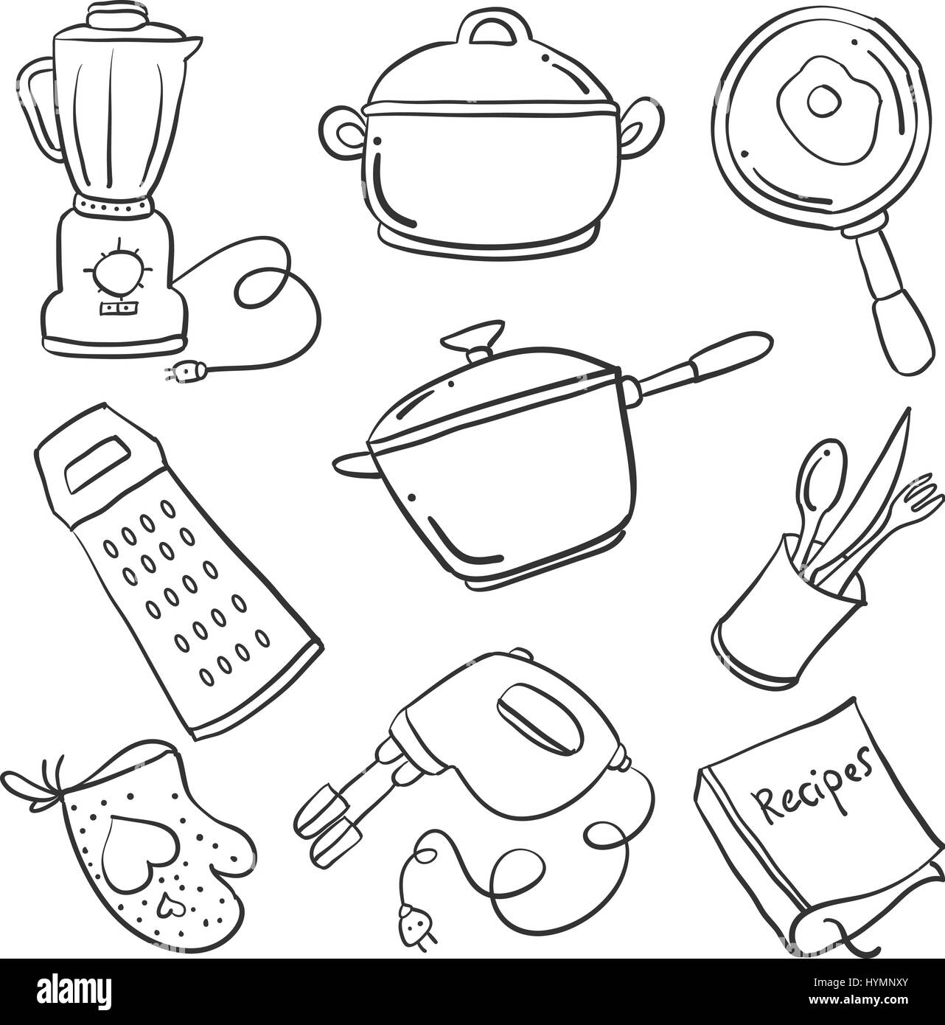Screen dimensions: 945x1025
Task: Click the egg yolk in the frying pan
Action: click(823, 101)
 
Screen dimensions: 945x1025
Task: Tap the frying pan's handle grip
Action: click(902, 330)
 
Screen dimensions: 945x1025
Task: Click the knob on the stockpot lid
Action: click(492, 31)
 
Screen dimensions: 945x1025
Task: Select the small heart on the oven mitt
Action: click(170, 906)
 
